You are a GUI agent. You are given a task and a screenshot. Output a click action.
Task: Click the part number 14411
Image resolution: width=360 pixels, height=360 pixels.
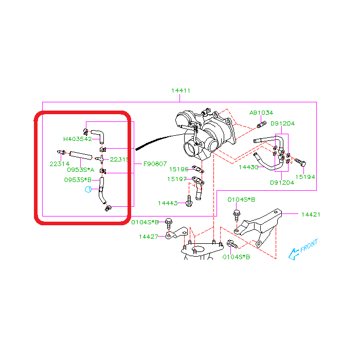pos(181,91)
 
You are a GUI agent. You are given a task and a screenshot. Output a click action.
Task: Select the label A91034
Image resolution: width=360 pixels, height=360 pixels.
pos(261,113)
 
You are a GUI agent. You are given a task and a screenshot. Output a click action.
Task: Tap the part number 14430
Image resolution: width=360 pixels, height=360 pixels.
pos(248,167)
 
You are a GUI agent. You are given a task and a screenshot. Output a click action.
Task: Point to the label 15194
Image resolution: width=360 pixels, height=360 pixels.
pos(305,177)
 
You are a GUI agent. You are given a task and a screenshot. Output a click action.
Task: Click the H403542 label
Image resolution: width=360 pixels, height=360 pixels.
pos(77,139)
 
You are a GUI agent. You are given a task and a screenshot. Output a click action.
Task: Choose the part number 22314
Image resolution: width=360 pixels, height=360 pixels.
pos(60,164)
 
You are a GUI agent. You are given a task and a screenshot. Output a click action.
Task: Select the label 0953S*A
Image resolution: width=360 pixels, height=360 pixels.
pos(80,169)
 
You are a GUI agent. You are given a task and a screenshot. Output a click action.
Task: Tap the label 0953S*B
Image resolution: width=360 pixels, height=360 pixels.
pos(78,179)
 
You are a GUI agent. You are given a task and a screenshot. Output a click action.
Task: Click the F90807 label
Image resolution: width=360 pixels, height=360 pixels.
pos(155,164)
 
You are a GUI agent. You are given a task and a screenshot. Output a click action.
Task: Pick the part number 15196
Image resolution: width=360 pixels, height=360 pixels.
pos(178,169)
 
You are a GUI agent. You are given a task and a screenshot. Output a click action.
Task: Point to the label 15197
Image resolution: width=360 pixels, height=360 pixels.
pos(176,179)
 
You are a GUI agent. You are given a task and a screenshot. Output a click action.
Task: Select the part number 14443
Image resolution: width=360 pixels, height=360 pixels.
pos(168,203)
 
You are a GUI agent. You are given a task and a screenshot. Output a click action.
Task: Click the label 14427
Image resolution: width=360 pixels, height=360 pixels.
pos(149,237)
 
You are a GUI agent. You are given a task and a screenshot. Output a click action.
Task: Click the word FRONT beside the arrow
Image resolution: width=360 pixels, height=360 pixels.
pos(309,245)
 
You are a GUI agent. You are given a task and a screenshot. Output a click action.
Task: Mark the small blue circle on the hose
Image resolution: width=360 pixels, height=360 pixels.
pos(88,189)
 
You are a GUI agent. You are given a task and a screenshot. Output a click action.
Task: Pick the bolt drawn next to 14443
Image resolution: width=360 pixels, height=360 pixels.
pos(189,202)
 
